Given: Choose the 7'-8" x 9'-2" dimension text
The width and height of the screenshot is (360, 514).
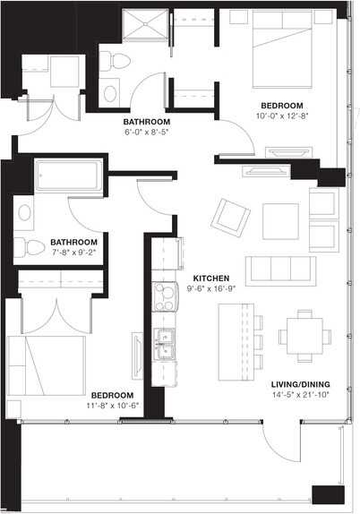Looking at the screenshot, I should pyautogui.click(x=74, y=253).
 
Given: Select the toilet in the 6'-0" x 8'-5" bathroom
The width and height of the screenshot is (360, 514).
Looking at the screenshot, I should pyautogui.click(x=107, y=61).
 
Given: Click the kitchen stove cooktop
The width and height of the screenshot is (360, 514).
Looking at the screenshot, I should pyautogui.click(x=165, y=296).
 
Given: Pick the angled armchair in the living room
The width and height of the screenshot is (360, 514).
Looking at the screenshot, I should pyautogui.click(x=229, y=215).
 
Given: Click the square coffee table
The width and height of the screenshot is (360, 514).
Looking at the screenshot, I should pyautogui.click(x=279, y=221).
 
